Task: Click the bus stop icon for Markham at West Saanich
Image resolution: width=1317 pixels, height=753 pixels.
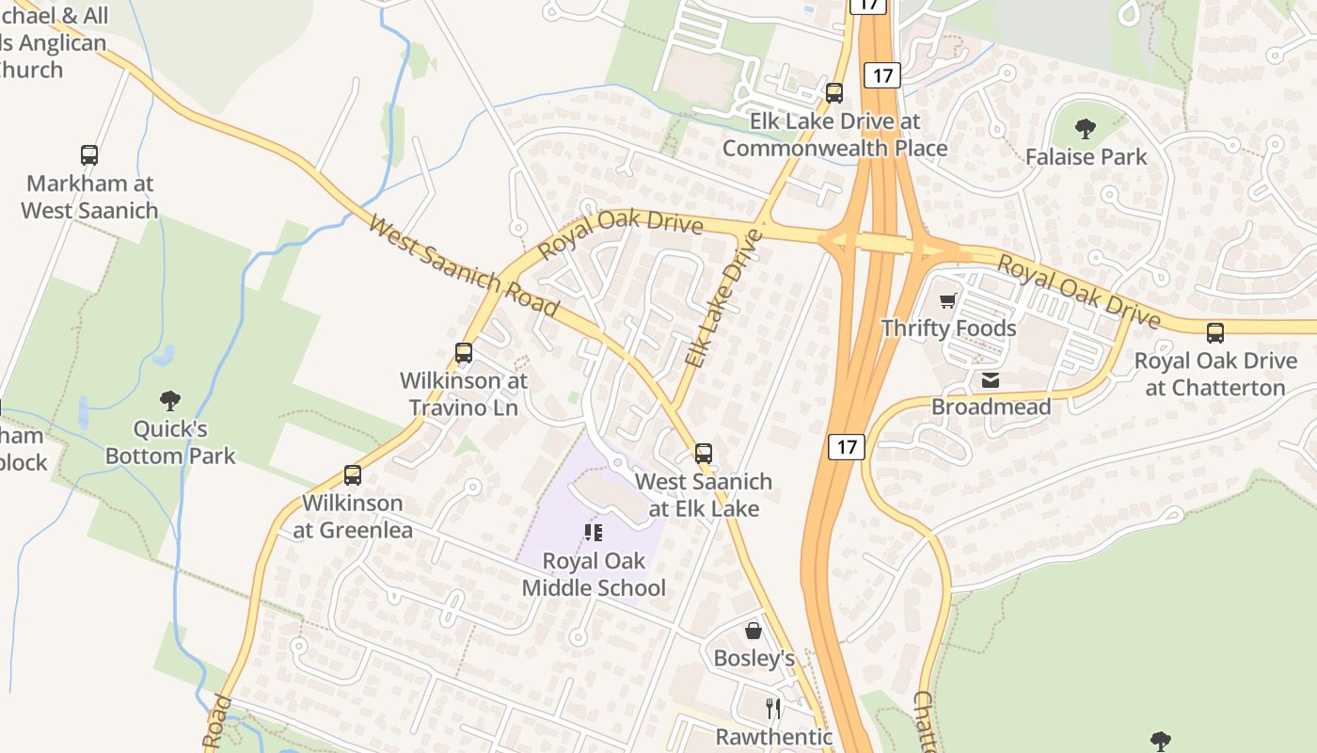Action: (x=89, y=155)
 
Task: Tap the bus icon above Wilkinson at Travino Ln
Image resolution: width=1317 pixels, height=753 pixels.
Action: (x=464, y=353)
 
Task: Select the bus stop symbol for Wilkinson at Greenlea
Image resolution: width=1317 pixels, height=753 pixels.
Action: (x=353, y=475)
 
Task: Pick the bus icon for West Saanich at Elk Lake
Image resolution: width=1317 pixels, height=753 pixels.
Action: (x=704, y=454)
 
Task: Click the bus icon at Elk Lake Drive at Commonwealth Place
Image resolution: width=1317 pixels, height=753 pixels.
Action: (x=834, y=93)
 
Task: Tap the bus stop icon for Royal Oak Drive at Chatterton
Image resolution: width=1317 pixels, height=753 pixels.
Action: (x=1215, y=333)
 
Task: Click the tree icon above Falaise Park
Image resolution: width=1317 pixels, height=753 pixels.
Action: (x=1086, y=129)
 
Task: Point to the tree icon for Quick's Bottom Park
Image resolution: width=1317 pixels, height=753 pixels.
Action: (x=170, y=402)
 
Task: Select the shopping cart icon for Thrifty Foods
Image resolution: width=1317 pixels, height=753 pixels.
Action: (x=948, y=301)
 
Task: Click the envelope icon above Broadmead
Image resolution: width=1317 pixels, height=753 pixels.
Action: (x=991, y=380)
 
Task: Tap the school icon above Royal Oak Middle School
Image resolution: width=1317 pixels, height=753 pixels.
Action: (x=594, y=533)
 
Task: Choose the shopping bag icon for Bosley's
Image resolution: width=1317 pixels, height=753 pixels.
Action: (x=754, y=631)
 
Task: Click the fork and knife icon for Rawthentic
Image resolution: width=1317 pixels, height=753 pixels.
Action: (x=773, y=709)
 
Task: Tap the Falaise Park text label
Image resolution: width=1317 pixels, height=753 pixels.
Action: (x=1086, y=156)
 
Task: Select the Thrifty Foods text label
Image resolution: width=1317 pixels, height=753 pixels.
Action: (x=948, y=328)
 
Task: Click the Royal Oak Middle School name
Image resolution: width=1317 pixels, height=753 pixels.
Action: (x=594, y=574)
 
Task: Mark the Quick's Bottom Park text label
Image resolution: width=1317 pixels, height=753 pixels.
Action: (x=170, y=442)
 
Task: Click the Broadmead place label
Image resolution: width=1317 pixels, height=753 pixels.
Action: (x=991, y=407)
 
